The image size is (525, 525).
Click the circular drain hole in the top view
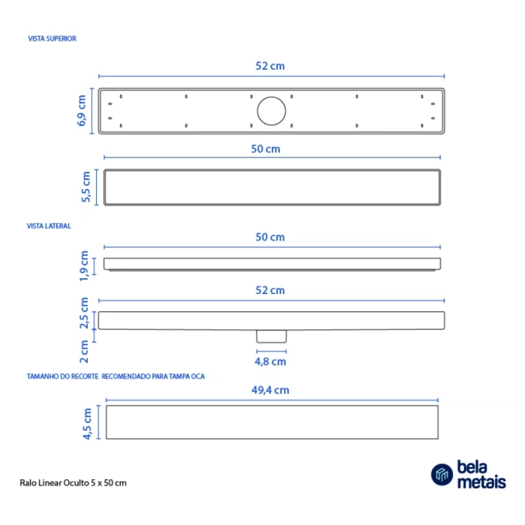click(271, 111)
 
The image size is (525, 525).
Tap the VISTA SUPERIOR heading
click(51, 37)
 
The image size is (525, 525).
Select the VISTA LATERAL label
click(49, 225)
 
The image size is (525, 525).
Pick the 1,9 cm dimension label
click(85, 266)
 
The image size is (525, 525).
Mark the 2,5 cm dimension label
click(85, 312)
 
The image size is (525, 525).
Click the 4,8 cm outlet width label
click(271, 361)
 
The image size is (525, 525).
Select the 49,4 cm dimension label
click(271, 390)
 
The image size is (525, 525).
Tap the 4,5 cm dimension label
click(87, 424)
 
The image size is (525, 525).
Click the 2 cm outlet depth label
click(85, 347)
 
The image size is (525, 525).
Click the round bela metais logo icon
click(442, 475)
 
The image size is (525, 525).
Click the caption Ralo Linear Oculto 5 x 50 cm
click(72, 482)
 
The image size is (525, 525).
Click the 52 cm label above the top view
click(270, 66)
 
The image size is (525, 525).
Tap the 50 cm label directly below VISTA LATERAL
click(271, 237)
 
